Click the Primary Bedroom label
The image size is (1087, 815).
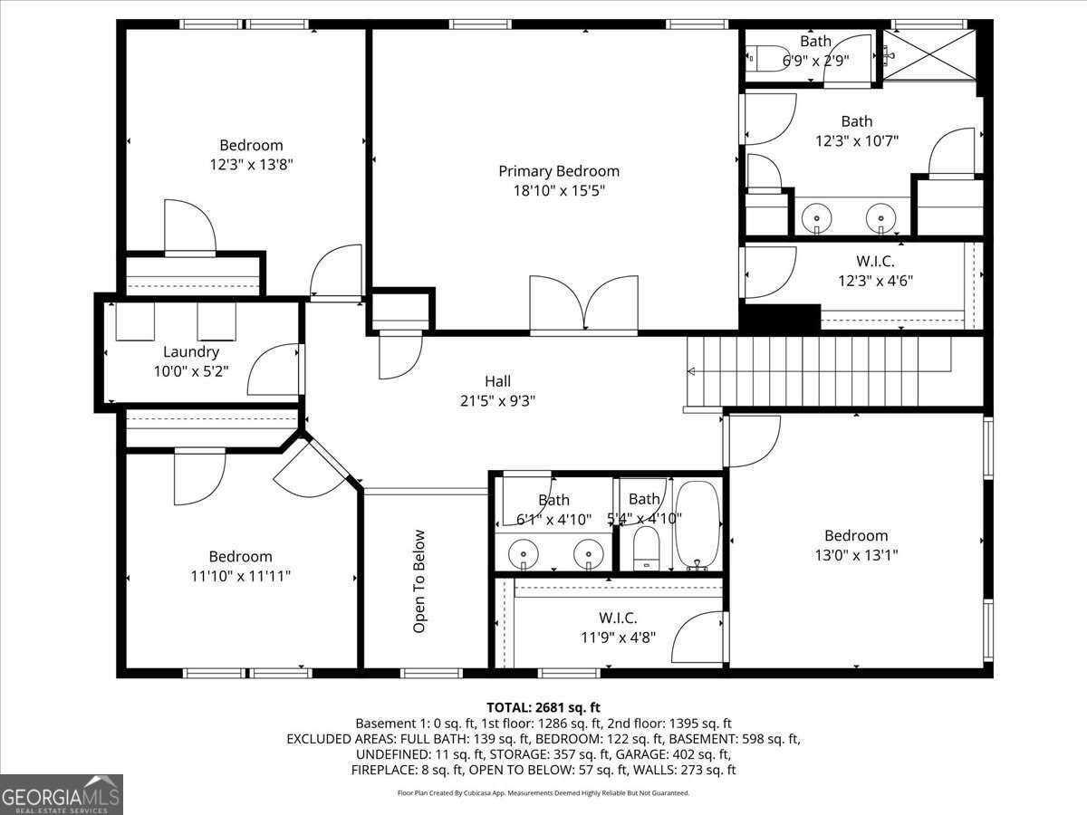tap(559, 171)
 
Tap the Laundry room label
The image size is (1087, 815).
tap(190, 351)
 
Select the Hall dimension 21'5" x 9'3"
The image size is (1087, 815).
tap(497, 401)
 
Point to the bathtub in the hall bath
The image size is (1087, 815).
tap(697, 526)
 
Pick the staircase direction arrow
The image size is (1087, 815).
tap(692, 371)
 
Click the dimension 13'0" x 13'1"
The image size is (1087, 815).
tap(855, 555)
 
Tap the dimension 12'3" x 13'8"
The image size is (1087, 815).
tap(251, 165)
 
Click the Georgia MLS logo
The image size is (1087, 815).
tap(62, 794)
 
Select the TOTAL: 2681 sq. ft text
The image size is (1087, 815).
tap(543, 707)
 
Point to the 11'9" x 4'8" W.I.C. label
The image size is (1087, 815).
tap(618, 627)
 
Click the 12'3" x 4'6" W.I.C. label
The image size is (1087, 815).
tap(874, 271)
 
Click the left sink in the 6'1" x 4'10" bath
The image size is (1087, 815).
tap(523, 552)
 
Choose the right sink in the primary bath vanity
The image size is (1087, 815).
tap(880, 218)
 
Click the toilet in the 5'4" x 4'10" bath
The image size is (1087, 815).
tap(645, 548)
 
